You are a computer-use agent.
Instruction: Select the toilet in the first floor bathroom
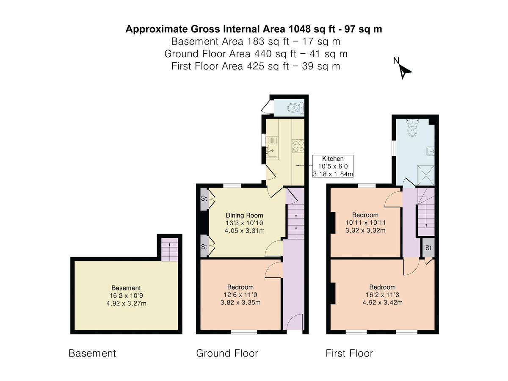tap(412, 128)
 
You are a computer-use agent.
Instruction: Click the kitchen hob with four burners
tap(298, 145)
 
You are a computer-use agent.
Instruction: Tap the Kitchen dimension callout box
tap(333, 166)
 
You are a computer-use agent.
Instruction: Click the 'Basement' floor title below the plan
tap(92, 353)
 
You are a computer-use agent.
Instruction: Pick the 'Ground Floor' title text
tap(227, 353)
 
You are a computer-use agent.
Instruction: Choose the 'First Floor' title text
tap(349, 353)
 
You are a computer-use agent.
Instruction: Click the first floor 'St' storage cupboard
tap(428, 248)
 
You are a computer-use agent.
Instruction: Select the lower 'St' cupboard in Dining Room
tap(204, 246)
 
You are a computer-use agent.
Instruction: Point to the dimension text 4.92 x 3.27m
tap(126, 303)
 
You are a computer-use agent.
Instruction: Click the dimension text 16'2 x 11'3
tap(382, 295)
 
